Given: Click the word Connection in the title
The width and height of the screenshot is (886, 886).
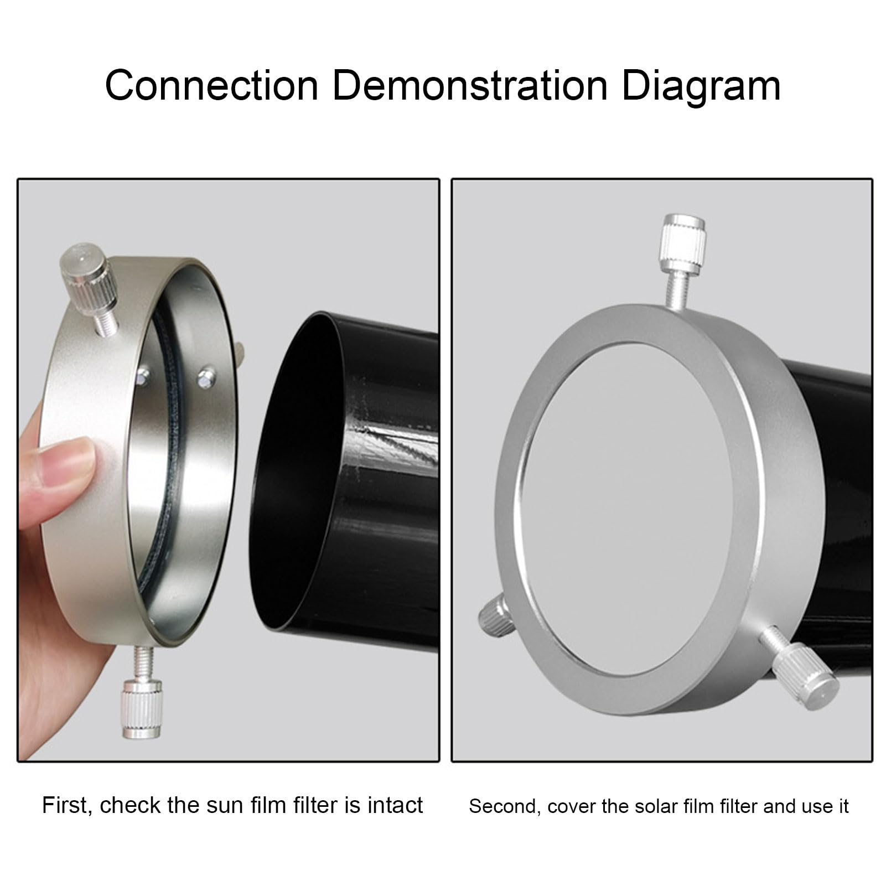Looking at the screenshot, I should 211,86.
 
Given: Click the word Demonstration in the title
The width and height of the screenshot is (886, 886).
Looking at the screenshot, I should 470,86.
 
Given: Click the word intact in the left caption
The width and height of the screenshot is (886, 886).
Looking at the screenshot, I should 394,805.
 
